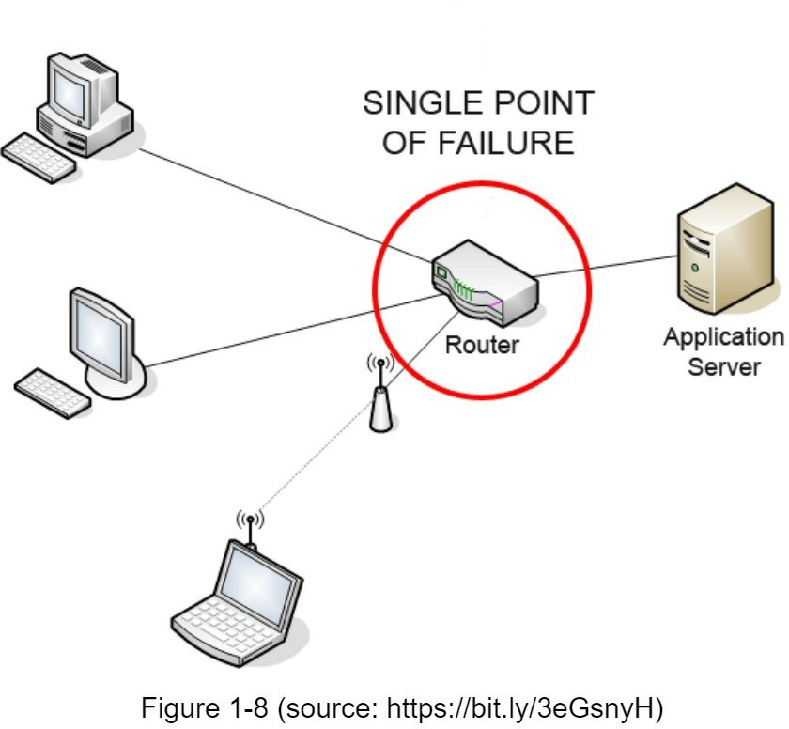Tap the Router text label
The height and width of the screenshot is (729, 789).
(x=481, y=345)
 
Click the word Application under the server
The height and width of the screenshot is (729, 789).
(x=722, y=337)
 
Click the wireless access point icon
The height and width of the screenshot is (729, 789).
(x=379, y=404)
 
